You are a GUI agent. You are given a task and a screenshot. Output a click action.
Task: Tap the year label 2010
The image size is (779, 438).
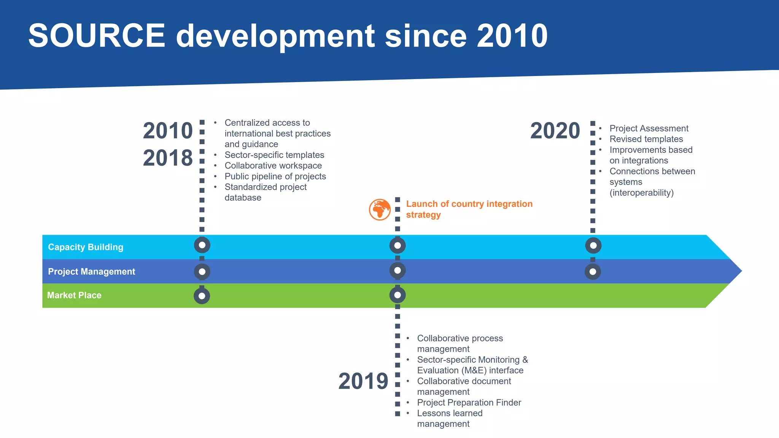(x=168, y=131)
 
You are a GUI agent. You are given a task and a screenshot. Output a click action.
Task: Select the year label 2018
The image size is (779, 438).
(x=168, y=158)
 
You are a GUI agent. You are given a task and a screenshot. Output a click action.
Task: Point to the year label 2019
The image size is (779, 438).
(x=363, y=381)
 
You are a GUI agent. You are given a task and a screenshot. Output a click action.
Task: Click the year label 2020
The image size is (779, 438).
(x=555, y=131)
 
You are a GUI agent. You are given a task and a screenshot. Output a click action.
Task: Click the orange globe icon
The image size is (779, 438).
(x=380, y=209)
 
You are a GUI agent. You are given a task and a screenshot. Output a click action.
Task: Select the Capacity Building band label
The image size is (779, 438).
(x=86, y=247)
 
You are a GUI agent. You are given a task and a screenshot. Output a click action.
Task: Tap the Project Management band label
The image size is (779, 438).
(x=91, y=271)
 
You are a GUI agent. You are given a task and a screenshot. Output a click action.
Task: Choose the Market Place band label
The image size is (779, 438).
(x=74, y=295)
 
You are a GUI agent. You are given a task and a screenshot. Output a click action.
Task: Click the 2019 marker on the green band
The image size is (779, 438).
(x=397, y=295)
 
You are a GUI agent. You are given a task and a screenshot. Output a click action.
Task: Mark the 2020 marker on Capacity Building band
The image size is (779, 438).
(x=593, y=246)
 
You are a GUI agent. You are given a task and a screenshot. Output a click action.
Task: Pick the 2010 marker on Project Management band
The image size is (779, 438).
(x=202, y=272)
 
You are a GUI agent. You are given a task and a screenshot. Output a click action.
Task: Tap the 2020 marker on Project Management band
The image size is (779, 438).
(x=593, y=272)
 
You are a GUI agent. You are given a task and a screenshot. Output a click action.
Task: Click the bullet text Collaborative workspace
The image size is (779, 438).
(x=273, y=166)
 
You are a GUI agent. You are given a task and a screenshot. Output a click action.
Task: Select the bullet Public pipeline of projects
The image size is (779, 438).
(x=275, y=176)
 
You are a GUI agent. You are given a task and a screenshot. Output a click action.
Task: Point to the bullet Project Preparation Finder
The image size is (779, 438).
(x=469, y=403)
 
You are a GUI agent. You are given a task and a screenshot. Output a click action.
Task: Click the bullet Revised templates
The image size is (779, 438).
(x=646, y=139)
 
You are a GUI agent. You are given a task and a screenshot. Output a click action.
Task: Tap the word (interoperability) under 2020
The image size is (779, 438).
(x=641, y=193)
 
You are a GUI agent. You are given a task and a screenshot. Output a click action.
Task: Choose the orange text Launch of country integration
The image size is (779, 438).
(x=469, y=204)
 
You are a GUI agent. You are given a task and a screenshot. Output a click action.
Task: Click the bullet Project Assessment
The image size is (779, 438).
(x=649, y=129)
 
